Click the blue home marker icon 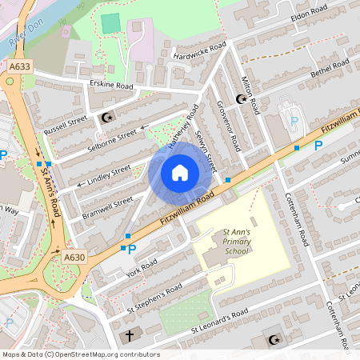point(179,172)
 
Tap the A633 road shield point(22,68)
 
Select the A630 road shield point(74,256)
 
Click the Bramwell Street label point(106,206)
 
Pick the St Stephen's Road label point(155,298)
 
